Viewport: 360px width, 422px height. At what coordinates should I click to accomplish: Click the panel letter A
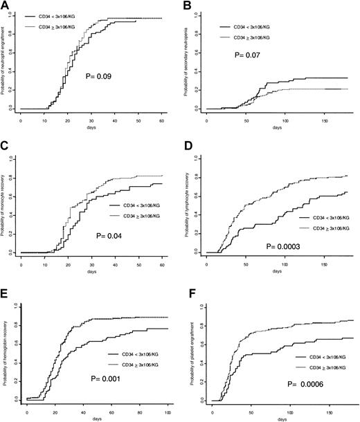(5, 6)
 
